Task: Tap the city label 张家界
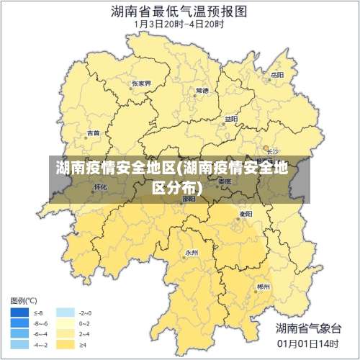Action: (x=142, y=84)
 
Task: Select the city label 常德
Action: (x=202, y=91)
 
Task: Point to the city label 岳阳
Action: (x=276, y=74)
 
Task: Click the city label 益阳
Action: (x=230, y=119)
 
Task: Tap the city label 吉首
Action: (x=94, y=133)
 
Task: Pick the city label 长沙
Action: (x=272, y=152)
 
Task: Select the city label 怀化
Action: (x=100, y=186)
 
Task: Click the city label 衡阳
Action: (x=246, y=214)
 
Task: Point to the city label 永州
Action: (x=192, y=253)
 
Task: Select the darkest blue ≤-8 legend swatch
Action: (x=19, y=313)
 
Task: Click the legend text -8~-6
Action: (x=41, y=324)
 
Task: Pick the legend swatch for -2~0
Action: (x=66, y=313)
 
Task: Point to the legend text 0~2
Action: (x=85, y=324)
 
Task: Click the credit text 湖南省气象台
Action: (x=308, y=328)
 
